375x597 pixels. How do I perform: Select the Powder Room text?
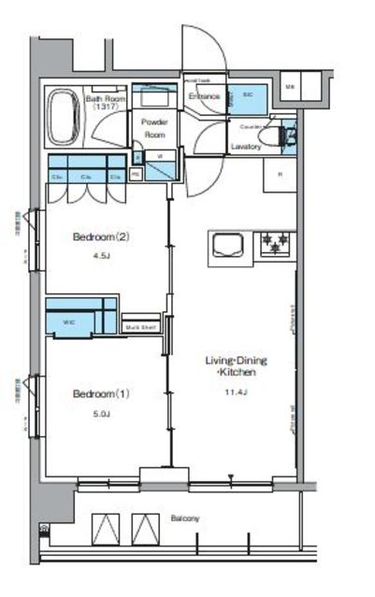[x=153, y=128]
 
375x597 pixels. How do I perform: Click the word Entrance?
[x=203, y=95]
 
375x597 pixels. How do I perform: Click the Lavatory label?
[x=246, y=147]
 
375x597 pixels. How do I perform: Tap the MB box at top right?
[x=290, y=88]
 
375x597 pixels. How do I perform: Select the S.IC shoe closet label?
[x=248, y=95]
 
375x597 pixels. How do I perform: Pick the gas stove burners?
[x=276, y=245]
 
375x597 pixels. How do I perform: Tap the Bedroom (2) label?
[x=100, y=236]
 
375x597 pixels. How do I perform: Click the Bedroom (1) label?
[x=100, y=393]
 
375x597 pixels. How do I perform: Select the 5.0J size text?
[x=100, y=414]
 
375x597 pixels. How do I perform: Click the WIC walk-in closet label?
[x=68, y=323]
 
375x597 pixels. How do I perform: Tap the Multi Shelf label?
[x=140, y=326]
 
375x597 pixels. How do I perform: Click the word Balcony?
[x=184, y=518]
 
